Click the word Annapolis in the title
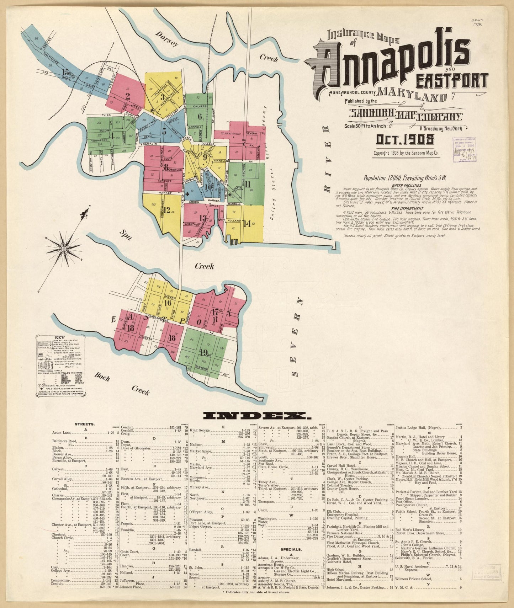[x=388, y=62]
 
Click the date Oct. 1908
[x=405, y=140]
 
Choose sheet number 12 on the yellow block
[x=167, y=210]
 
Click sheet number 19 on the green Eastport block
[x=203, y=352]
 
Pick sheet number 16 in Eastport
[x=168, y=303]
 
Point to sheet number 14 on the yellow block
[x=247, y=223]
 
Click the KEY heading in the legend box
[x=59, y=338]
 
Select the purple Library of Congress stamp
[x=464, y=150]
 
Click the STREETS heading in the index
[x=85, y=424]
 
